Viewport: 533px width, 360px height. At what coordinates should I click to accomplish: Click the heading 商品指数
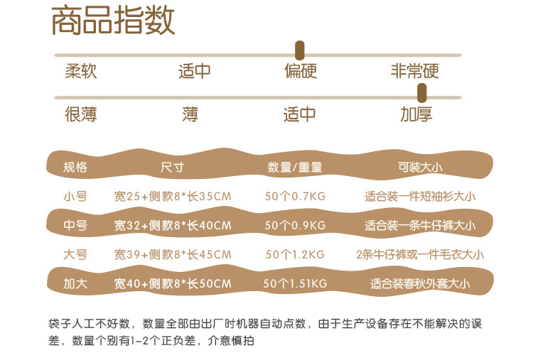click(x=113, y=21)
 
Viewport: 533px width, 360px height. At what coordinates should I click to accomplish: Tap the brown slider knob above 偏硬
click(x=300, y=50)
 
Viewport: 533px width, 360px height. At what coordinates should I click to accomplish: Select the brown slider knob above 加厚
click(x=421, y=92)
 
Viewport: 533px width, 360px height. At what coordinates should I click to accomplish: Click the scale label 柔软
click(x=81, y=72)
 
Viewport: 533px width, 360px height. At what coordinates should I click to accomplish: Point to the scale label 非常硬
click(x=415, y=72)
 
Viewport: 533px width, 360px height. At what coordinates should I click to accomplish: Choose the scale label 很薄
click(x=81, y=114)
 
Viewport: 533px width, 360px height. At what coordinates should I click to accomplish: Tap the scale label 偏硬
click(x=300, y=72)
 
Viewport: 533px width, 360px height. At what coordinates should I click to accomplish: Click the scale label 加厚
click(x=416, y=114)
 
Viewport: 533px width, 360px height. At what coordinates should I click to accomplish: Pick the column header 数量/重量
click(x=295, y=168)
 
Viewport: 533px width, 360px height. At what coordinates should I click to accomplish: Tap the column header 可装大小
click(x=419, y=168)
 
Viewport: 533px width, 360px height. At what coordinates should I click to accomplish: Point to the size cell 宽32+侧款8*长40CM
click(x=173, y=226)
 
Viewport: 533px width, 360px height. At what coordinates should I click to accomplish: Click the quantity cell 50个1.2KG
click(x=295, y=254)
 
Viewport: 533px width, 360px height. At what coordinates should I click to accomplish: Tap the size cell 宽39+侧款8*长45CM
click(x=173, y=254)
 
